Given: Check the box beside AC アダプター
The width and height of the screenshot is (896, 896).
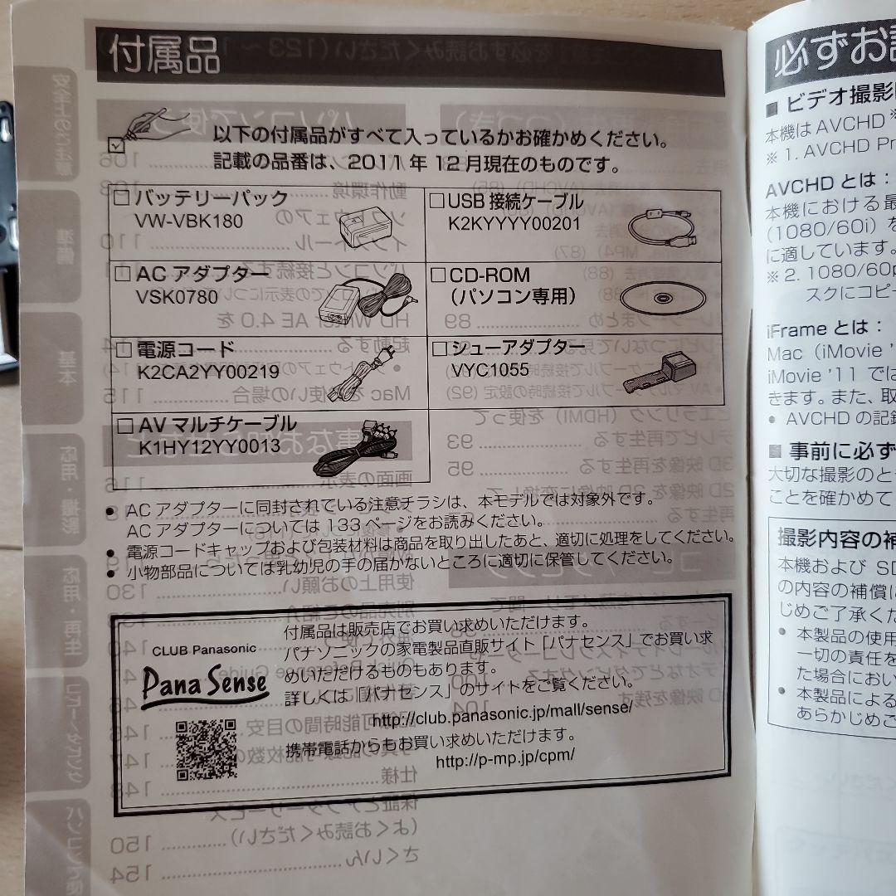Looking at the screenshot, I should point(122,275).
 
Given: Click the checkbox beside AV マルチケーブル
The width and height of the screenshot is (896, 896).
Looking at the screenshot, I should point(125,426).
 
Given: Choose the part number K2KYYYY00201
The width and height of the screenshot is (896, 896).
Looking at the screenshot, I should point(514,222).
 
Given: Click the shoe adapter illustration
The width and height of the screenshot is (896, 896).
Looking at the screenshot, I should point(659,373).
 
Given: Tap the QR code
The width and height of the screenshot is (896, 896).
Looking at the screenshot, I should point(206,748).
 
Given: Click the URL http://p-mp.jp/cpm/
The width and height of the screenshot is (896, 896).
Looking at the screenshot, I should point(504,758).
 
